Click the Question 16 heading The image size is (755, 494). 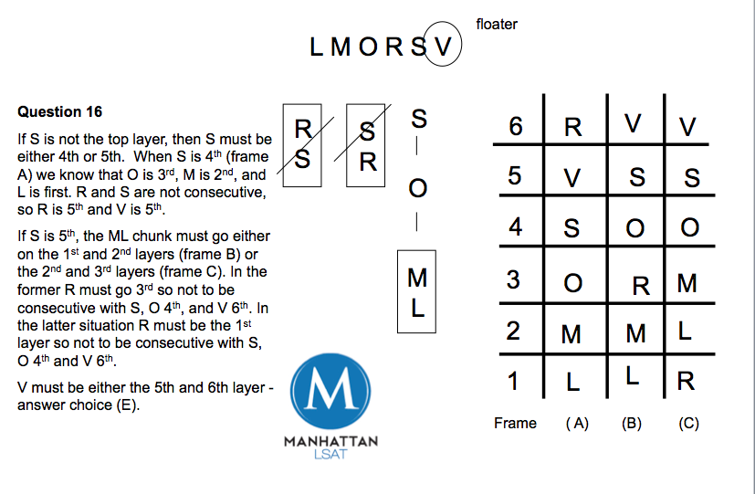click(60, 111)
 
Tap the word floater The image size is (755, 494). click(497, 24)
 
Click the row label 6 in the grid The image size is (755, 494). click(516, 126)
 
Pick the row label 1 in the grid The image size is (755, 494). click(515, 381)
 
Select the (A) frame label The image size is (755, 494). click(575, 423)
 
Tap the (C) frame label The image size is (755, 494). click(688, 423)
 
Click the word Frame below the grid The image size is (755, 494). click(515, 423)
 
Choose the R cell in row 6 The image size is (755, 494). click(573, 127)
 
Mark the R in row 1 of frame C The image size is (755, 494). click(686, 381)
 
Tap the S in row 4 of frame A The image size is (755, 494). click(571, 228)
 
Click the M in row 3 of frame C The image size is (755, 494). click(687, 283)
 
